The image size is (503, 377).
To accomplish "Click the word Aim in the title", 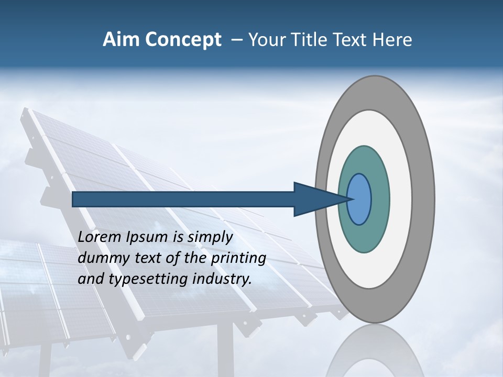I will [122, 40].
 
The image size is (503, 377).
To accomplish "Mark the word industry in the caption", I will [222, 280].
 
